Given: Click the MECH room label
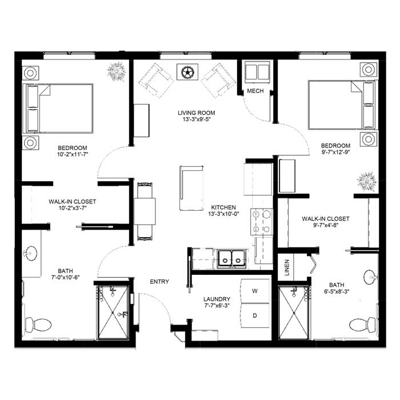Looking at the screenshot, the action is pyautogui.click(x=255, y=91).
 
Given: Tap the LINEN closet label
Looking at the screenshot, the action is pyautogui.click(x=287, y=267).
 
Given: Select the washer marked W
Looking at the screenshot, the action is pyautogui.click(x=255, y=291).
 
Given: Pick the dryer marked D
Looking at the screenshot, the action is pyautogui.click(x=255, y=315).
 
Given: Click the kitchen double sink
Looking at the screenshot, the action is pyautogui.click(x=231, y=259).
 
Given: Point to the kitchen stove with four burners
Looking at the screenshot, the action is pyautogui.click(x=262, y=222).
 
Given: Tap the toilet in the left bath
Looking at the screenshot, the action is pyautogui.click(x=38, y=325).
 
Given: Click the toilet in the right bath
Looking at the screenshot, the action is pyautogui.click(x=362, y=325).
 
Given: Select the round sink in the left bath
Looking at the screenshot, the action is pyautogui.click(x=30, y=254).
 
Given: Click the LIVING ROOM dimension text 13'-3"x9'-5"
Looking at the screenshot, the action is pyautogui.click(x=197, y=119).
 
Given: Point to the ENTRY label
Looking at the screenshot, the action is pyautogui.click(x=159, y=282).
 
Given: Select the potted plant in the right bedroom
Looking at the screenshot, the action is pyautogui.click(x=367, y=181).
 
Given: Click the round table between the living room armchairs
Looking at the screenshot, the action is pyautogui.click(x=187, y=72).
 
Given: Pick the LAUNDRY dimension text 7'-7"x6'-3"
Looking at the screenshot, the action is pyautogui.click(x=217, y=305).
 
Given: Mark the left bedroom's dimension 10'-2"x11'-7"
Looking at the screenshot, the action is pyautogui.click(x=73, y=154).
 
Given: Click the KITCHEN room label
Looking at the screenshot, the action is pyautogui.click(x=223, y=207).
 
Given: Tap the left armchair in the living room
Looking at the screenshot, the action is pyautogui.click(x=156, y=81).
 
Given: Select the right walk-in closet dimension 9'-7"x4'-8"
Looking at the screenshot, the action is pyautogui.click(x=326, y=225).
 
